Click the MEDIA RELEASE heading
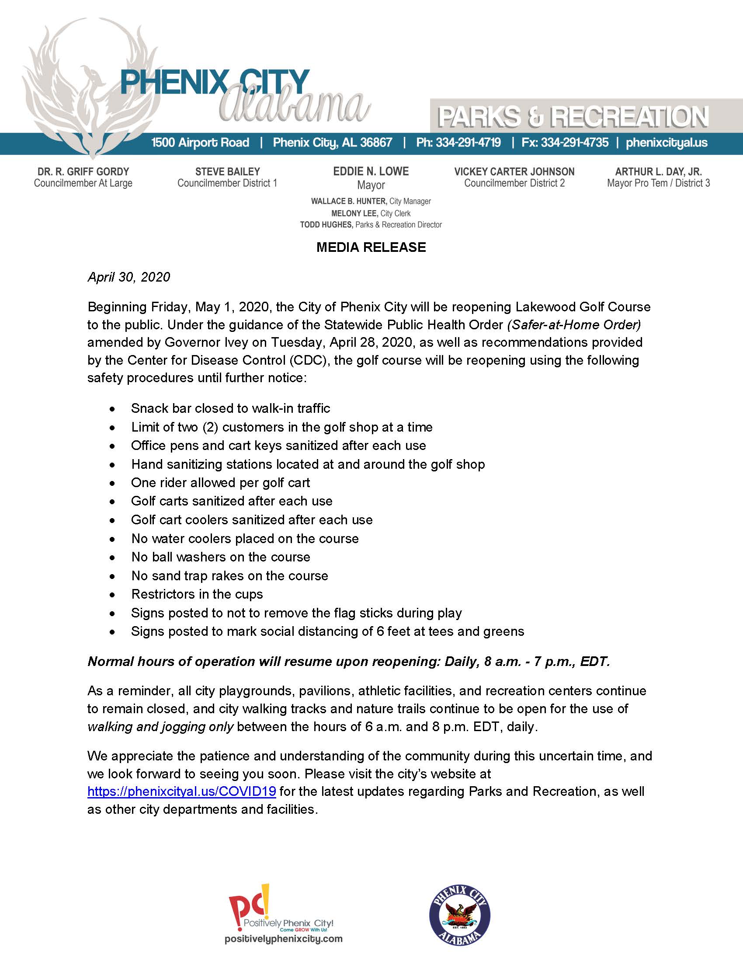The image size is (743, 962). click(371, 247)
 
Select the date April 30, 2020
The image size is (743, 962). click(128, 277)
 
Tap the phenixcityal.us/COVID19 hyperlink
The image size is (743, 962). click(182, 791)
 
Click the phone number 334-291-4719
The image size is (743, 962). click(468, 143)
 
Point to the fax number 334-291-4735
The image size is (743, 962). click(574, 143)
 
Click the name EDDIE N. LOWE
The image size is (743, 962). click(371, 171)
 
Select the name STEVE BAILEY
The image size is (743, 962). click(227, 171)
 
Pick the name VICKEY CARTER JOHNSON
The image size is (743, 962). click(514, 171)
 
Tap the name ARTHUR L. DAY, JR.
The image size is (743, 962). click(658, 171)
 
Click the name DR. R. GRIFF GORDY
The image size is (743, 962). click(83, 171)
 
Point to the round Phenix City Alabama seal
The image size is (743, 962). click(459, 915)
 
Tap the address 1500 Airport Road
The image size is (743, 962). click(200, 143)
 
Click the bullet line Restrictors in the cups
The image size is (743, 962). click(197, 594)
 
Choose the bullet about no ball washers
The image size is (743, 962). click(221, 557)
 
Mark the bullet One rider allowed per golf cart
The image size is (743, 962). click(220, 483)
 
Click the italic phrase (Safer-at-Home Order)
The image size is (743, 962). click(573, 324)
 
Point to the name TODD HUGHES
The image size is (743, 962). click(326, 225)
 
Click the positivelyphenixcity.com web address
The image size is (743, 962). click(284, 939)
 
